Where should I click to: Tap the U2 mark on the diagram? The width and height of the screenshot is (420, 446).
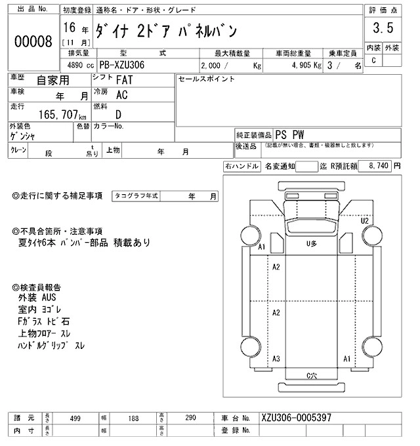pyautogui.click(x=365, y=220)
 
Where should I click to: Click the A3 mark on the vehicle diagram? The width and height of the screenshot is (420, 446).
pyautogui.click(x=276, y=359)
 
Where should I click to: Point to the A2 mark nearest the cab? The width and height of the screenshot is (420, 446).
pyautogui.click(x=276, y=267)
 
